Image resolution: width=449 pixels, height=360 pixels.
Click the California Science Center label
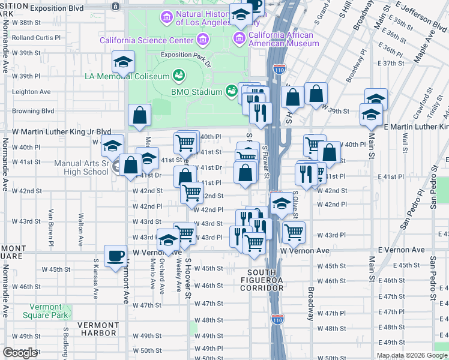tap(146, 41)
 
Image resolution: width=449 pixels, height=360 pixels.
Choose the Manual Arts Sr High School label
tap(81, 167)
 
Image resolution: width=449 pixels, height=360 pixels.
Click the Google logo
tap(20, 353)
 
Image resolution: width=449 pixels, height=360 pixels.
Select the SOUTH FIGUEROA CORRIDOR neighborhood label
tap(261, 284)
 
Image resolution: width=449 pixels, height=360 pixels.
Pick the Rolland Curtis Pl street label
tap(36, 37)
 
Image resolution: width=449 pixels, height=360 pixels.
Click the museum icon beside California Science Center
tap(203, 41)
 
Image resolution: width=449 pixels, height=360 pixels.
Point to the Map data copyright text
tap(412, 355)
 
